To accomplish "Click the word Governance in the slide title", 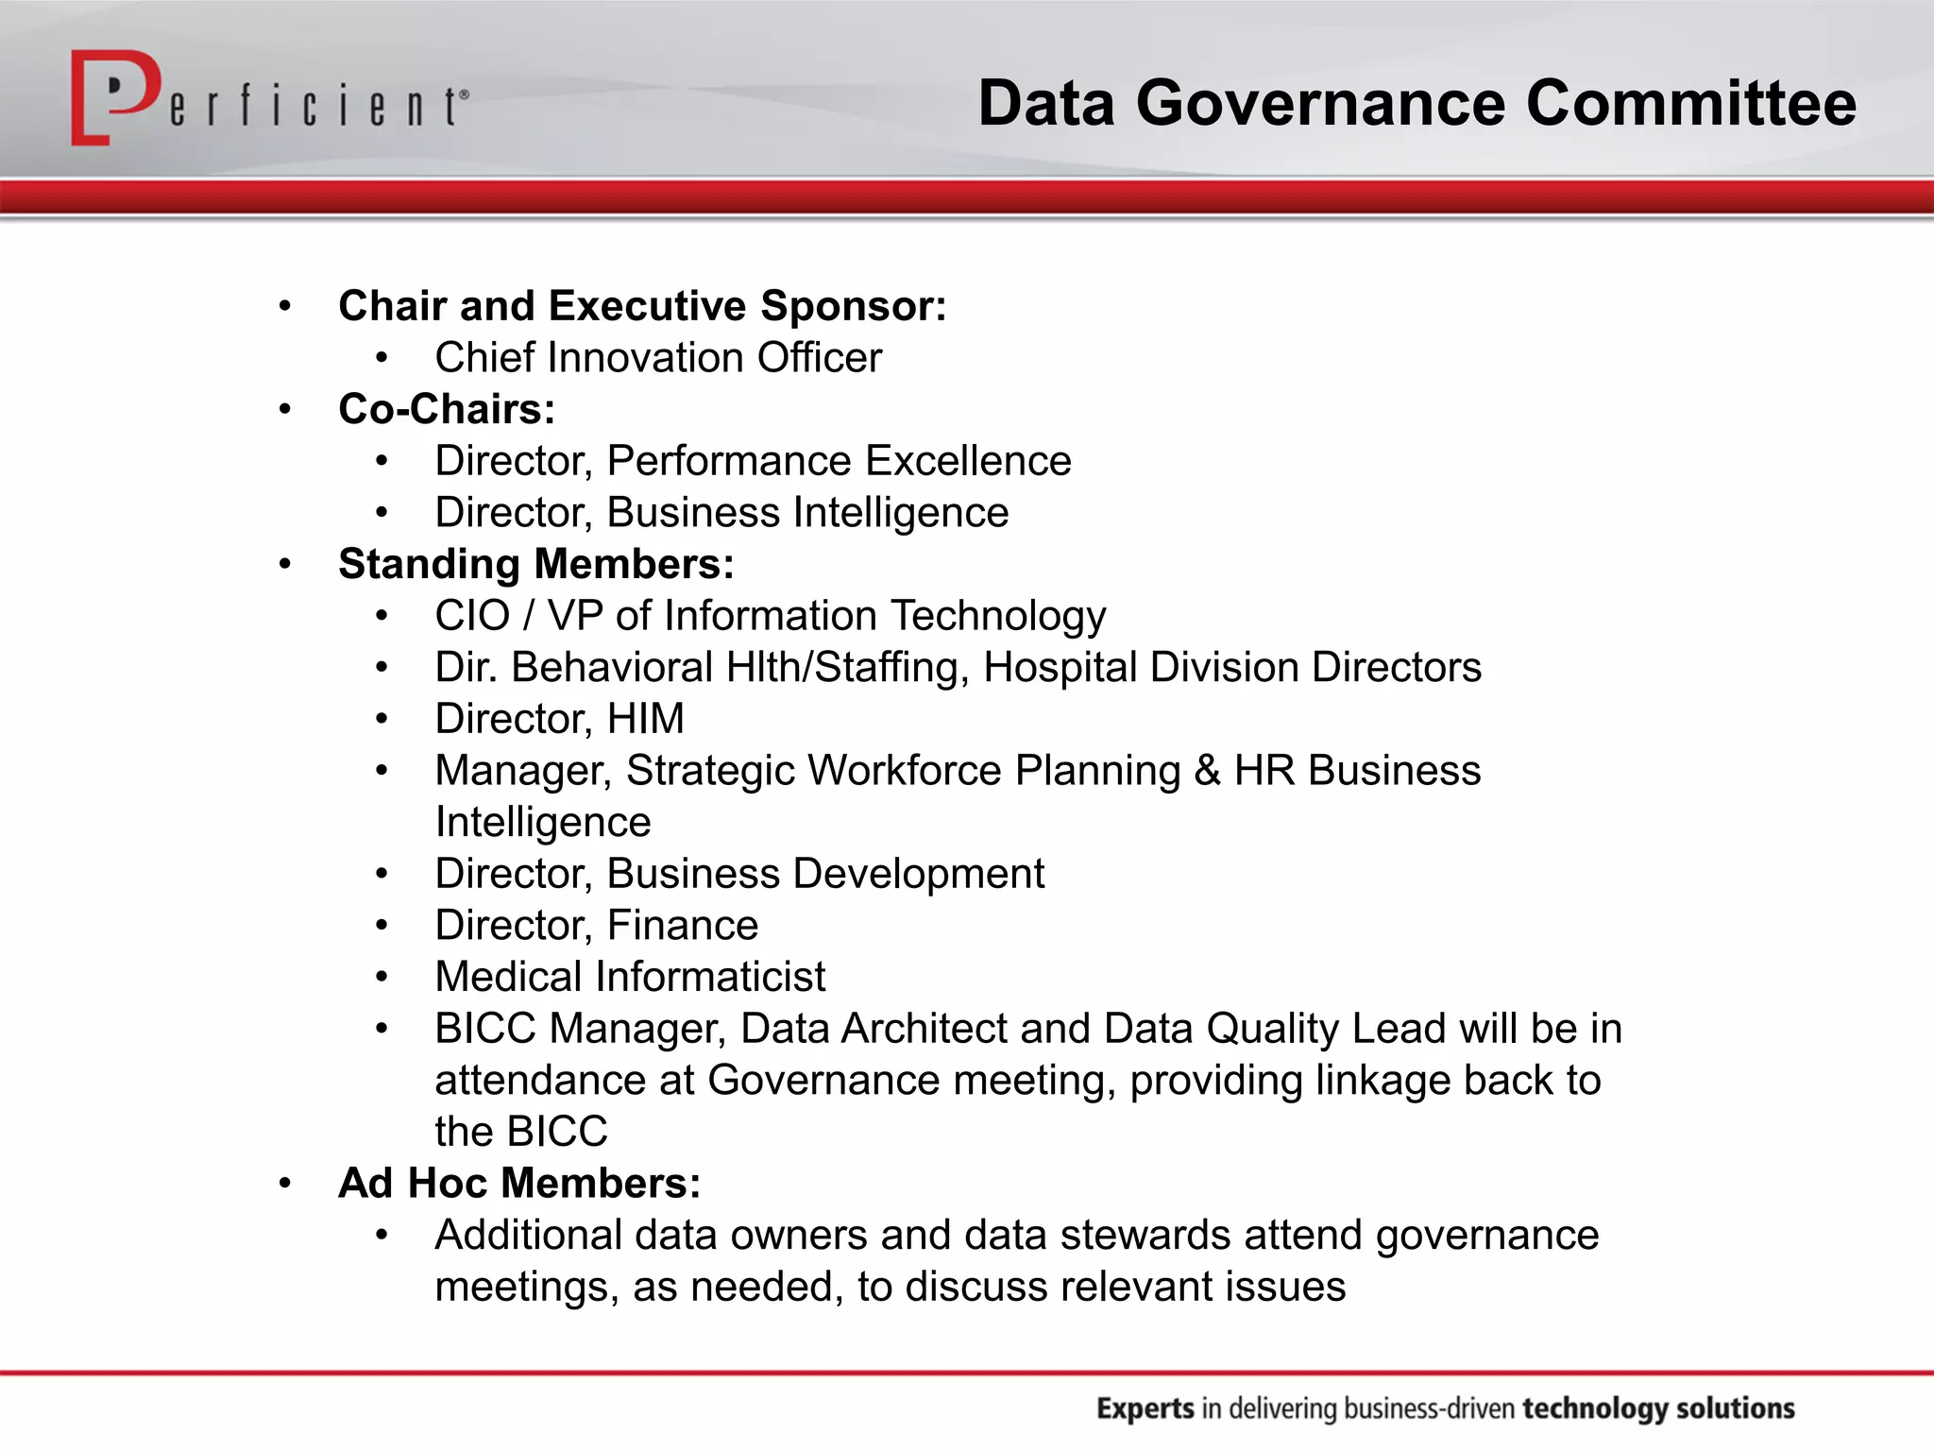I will [x=1320, y=103].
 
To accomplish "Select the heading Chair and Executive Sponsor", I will [x=642, y=306].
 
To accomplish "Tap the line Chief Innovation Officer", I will [x=658, y=358].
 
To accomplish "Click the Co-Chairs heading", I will [x=447, y=409].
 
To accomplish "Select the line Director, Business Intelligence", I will [x=721, y=513].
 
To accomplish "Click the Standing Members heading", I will [x=535, y=564].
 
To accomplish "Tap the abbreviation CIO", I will [x=472, y=616].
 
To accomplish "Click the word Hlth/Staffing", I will [x=847, y=668].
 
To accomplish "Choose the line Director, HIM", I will [x=559, y=719].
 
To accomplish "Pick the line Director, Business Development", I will [x=739, y=874].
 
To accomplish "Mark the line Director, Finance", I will [x=596, y=926].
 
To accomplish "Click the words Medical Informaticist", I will [x=630, y=977].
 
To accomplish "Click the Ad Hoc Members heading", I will [x=519, y=1184].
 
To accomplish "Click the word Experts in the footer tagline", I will [x=1145, y=1408].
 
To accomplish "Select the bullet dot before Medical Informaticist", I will [x=382, y=977].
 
